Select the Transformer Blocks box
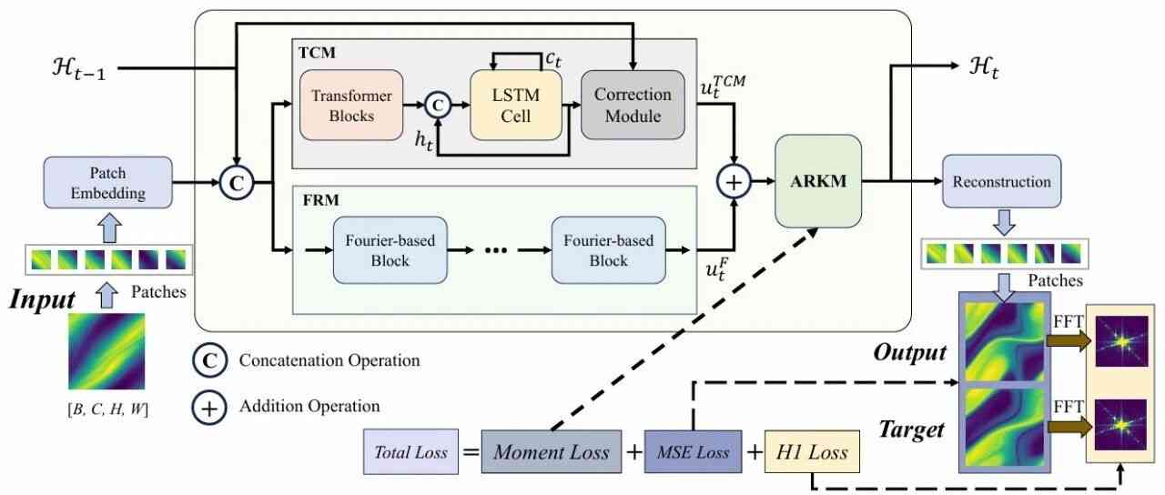pyautogui.click(x=350, y=105)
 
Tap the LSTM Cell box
pyautogui.click(x=516, y=105)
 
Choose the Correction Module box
pyautogui.click(x=633, y=105)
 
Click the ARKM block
pyautogui.click(x=817, y=181)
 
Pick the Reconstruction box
pyautogui.click(x=1002, y=182)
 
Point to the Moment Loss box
pyautogui.click(x=551, y=452)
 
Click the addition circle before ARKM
pyautogui.click(x=734, y=182)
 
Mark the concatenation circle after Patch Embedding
pyautogui.click(x=234, y=182)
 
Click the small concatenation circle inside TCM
pyautogui.click(x=439, y=106)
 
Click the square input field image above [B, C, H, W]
pyautogui.click(x=106, y=350)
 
